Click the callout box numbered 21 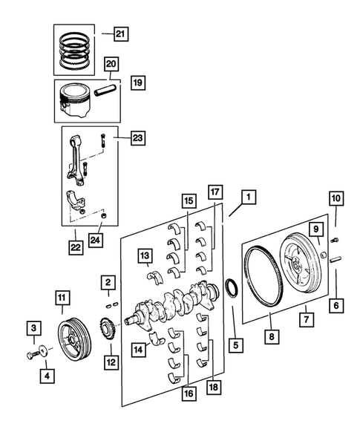(x=120, y=32)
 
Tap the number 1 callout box (x=247, y=197)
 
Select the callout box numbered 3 (x=34, y=327)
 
